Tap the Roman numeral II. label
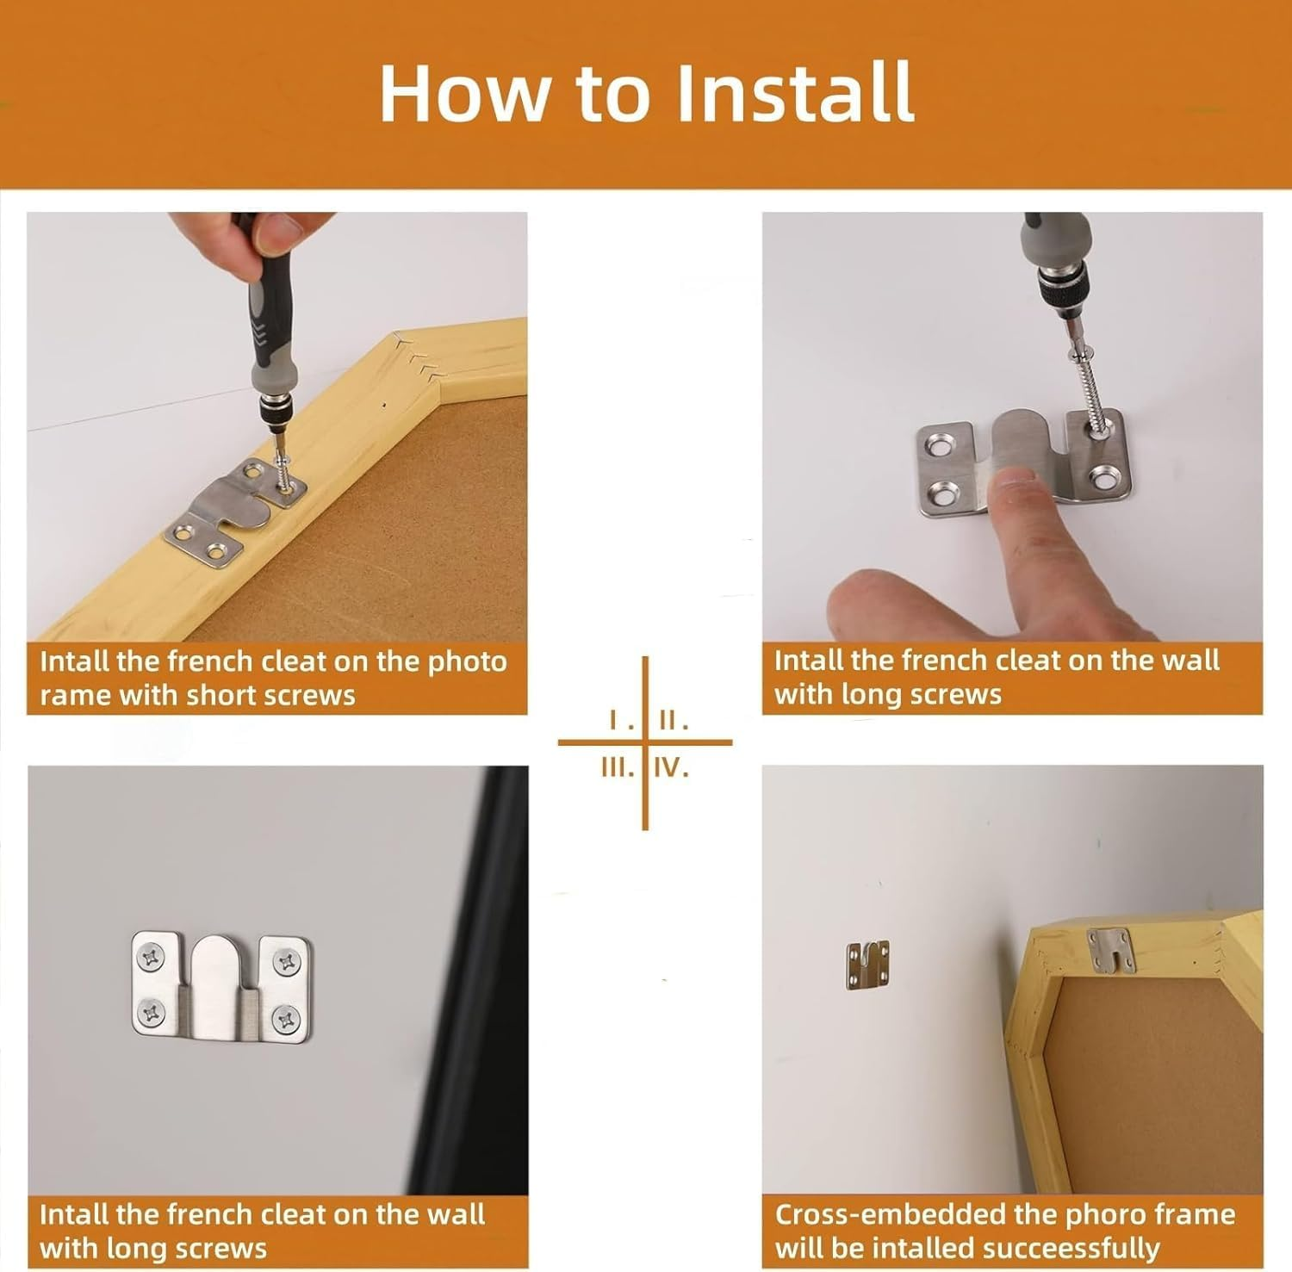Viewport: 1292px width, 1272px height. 673,722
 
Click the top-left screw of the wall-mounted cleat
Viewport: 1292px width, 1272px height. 152,955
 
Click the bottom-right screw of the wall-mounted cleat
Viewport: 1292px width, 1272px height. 284,1021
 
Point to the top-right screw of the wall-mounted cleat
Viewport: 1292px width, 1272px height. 284,959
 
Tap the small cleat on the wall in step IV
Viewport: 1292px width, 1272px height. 867,964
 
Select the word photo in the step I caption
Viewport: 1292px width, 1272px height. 468,661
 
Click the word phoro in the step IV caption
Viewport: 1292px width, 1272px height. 1105,1214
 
